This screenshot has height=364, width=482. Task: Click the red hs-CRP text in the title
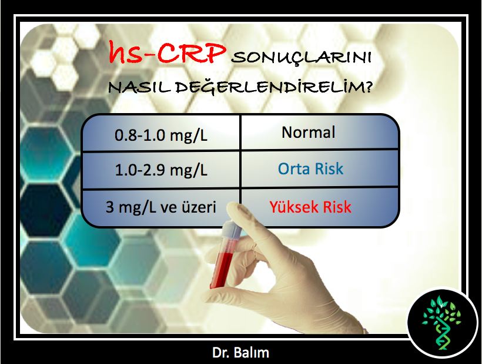pyautogui.click(x=167, y=52)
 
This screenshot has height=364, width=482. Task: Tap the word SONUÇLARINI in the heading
pyautogui.click(x=301, y=58)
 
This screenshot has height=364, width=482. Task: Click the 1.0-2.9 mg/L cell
pyautogui.click(x=161, y=170)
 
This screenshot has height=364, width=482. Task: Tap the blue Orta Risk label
pyautogui.click(x=310, y=169)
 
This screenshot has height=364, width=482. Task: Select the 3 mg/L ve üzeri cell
pyautogui.click(x=161, y=207)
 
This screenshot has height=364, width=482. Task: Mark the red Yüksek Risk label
pyautogui.click(x=310, y=207)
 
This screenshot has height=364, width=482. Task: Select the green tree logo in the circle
pyautogui.click(x=441, y=322)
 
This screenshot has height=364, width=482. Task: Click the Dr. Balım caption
pyautogui.click(x=240, y=353)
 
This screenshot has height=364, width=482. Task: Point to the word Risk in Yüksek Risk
pyautogui.click(x=337, y=207)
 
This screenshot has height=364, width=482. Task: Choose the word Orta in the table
pyautogui.click(x=293, y=169)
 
